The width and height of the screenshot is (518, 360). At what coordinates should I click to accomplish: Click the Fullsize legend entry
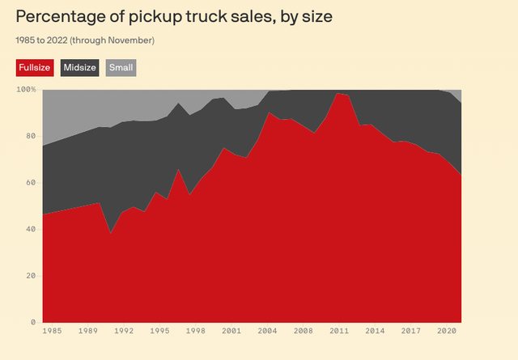(35, 67)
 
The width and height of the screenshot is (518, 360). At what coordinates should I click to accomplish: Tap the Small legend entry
(121, 67)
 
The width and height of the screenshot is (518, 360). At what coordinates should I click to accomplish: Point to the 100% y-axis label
(26, 89)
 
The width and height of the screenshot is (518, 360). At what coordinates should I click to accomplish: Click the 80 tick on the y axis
(31, 136)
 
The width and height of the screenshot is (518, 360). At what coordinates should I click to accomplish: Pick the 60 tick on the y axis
(31, 183)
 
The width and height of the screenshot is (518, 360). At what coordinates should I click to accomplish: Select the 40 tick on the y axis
(31, 229)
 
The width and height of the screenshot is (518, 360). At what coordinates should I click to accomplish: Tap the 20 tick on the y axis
(31, 276)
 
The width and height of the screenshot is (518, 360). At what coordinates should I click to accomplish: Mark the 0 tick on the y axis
(33, 323)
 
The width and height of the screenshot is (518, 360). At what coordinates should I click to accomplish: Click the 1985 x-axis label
(51, 330)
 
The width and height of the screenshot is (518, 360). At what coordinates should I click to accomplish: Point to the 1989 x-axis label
(87, 330)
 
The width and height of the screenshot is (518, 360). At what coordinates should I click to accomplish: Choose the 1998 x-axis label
(196, 330)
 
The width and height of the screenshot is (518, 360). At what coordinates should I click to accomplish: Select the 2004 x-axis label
(268, 330)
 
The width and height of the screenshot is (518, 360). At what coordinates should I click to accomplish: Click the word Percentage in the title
(62, 16)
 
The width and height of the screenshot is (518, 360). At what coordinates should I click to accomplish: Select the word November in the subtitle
(131, 40)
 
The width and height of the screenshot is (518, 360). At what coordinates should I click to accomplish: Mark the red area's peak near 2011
(338, 94)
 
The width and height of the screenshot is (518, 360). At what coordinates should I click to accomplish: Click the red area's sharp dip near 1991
(112, 234)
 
